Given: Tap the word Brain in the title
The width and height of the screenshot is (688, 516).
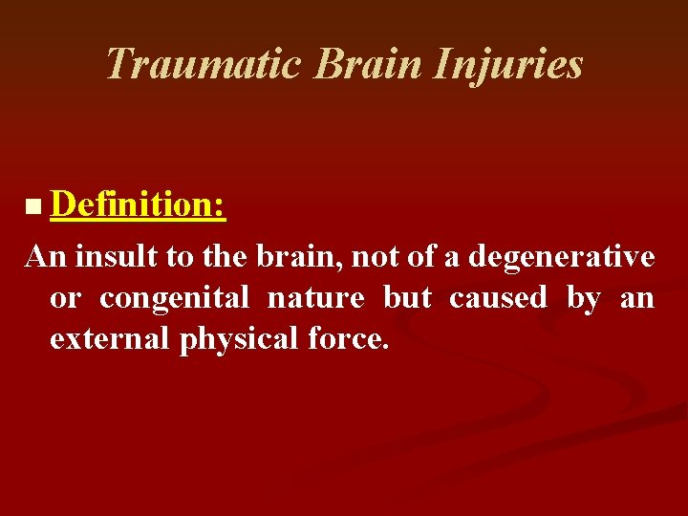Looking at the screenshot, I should tap(366, 64).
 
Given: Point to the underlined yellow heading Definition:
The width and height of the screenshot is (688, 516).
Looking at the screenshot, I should tap(140, 204).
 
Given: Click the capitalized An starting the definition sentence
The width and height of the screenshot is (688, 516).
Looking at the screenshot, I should tap(45, 256).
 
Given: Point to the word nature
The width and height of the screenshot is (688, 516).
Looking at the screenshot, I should tap(315, 298).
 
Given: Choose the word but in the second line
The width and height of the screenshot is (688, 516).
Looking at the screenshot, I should tap(407, 298).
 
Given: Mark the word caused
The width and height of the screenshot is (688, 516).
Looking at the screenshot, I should tap(498, 298).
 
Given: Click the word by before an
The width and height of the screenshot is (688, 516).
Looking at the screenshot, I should tap(583, 298).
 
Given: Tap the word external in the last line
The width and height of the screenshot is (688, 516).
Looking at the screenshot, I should tap(110, 340).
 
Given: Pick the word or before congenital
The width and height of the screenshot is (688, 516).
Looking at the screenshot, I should tap(64, 298).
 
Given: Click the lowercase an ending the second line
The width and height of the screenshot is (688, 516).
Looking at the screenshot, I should tap(637, 298).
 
